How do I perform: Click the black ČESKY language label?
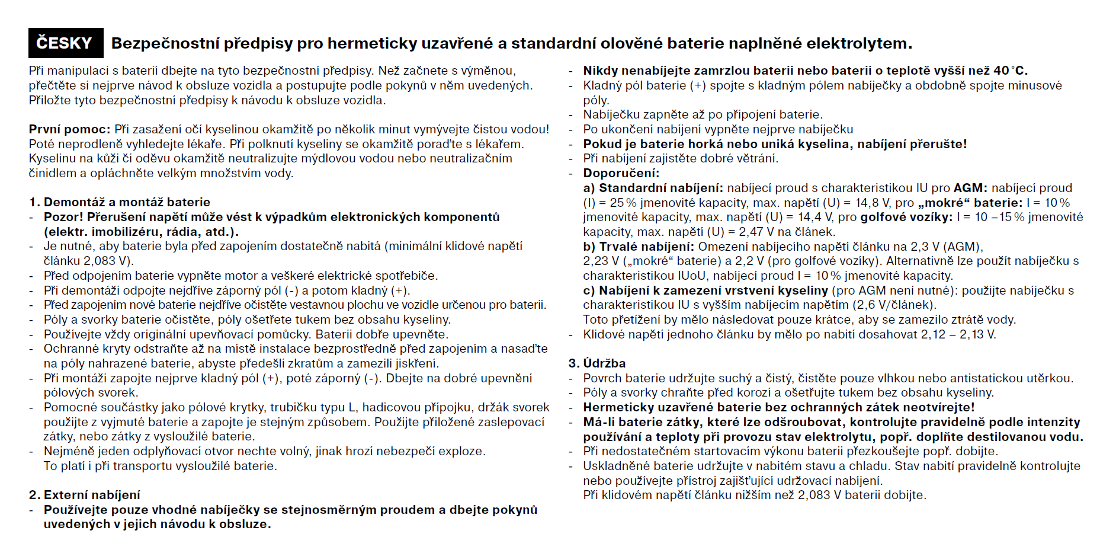click(65, 43)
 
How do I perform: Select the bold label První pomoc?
click(69, 129)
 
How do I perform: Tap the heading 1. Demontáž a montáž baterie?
click(120, 202)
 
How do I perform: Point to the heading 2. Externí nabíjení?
click(85, 495)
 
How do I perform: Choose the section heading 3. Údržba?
click(597, 363)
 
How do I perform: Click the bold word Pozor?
click(63, 217)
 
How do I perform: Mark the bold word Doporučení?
click(621, 173)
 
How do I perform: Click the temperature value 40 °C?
click(1010, 71)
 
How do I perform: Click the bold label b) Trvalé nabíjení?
click(639, 247)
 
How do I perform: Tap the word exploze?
click(460, 451)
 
